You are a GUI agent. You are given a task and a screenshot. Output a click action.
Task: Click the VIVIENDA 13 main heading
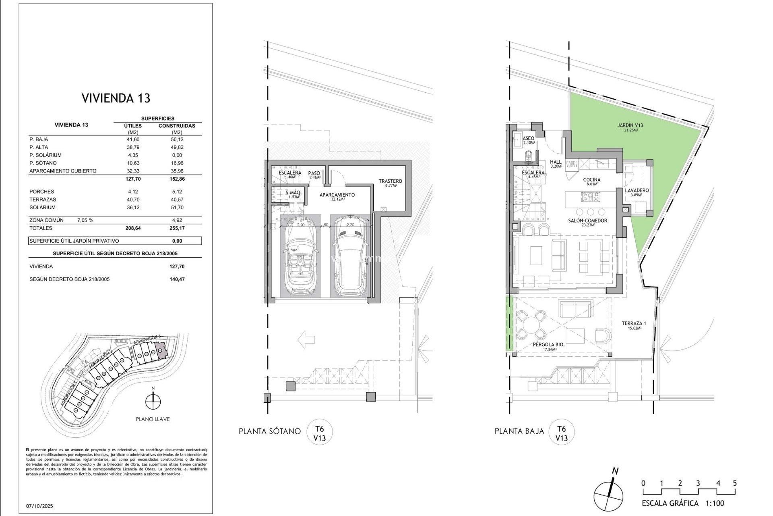point(116,98)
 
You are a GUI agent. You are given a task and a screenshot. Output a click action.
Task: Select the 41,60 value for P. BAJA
point(133,139)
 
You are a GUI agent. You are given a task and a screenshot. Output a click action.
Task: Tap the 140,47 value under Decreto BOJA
point(177,279)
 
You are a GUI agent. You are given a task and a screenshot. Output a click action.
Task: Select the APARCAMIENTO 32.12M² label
point(337,197)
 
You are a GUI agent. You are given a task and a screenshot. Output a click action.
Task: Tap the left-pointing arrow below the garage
point(306,340)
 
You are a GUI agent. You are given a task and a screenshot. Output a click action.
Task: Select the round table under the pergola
point(531,325)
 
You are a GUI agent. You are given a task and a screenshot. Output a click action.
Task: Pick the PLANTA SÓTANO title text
point(269,431)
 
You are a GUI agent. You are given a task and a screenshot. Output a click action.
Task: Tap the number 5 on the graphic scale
point(735,483)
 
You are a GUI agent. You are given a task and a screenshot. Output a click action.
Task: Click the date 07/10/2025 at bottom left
point(39,506)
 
